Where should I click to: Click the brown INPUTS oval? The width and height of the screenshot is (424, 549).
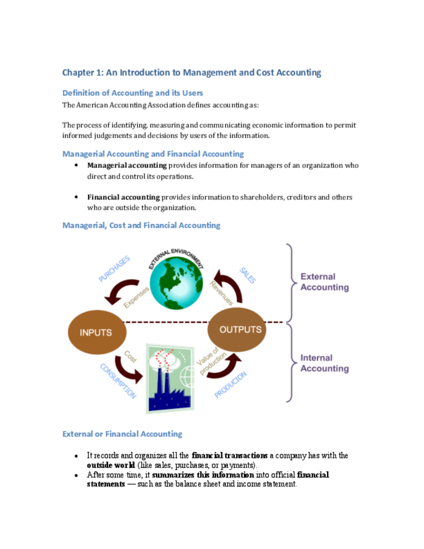point(95,333)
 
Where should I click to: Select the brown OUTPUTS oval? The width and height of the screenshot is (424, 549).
point(238,330)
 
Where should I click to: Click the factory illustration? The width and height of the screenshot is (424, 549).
point(170,379)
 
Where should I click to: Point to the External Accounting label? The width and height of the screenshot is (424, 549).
point(324,282)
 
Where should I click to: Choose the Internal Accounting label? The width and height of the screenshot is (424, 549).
point(324,363)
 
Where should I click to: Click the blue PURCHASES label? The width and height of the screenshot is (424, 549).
point(114,269)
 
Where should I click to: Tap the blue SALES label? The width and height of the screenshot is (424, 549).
point(247,275)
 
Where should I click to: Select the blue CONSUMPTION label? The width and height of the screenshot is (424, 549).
point(118,380)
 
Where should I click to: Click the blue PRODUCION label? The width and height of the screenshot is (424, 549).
point(230,384)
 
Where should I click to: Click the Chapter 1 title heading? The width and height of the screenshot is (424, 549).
point(192,73)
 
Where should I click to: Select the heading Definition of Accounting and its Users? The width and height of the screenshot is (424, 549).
point(133,93)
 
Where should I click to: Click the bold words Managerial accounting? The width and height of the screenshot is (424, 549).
point(127,166)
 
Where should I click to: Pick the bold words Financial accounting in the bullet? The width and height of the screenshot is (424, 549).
point(123,197)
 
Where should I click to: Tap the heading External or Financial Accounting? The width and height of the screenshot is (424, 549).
point(122,434)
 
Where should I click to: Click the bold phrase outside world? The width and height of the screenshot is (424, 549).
point(111,465)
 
